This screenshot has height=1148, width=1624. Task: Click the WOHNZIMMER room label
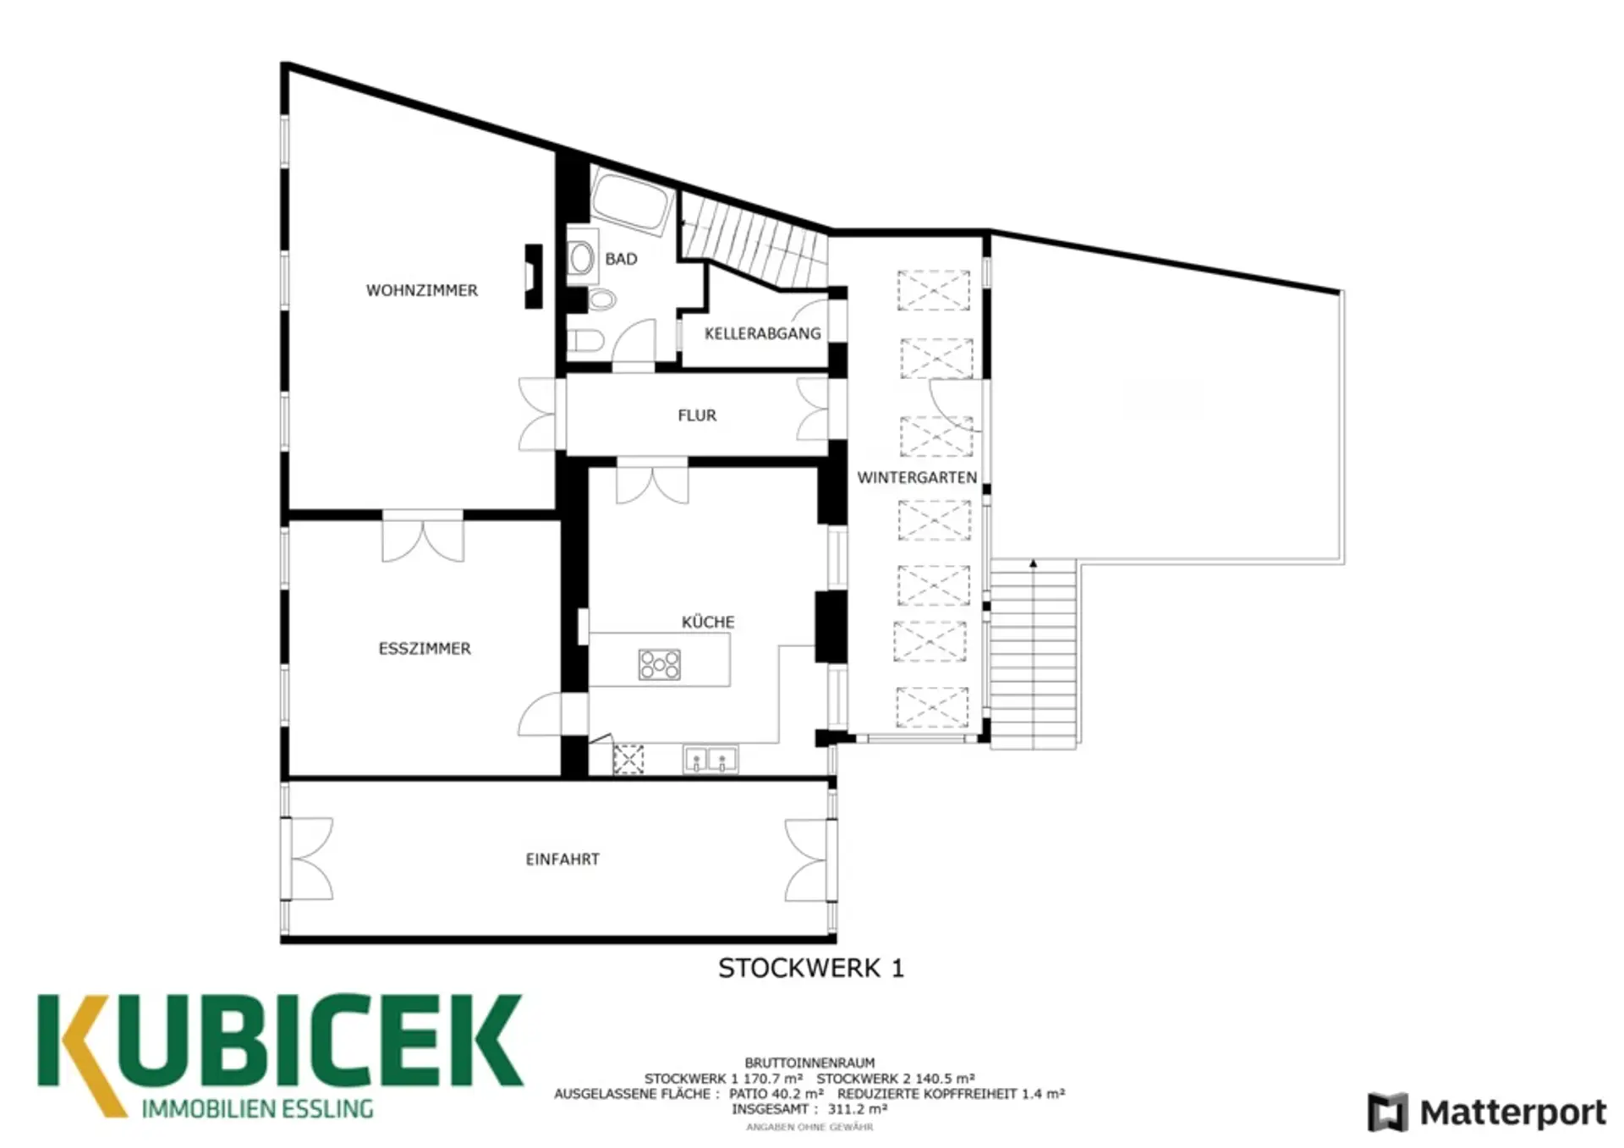pos(421,290)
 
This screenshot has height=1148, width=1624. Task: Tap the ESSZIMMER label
pos(425,649)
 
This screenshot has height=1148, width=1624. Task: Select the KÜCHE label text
pos(708,622)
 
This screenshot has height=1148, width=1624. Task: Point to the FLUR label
pos(697,415)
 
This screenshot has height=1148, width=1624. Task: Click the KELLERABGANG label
pos(763,333)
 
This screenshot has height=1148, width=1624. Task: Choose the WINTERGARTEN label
pos(917,477)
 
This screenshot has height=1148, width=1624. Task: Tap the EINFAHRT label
pos(562,860)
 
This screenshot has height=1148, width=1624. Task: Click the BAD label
pos(621,259)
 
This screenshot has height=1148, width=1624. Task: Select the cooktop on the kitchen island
pos(660,664)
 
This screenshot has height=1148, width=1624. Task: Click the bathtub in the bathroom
pos(631,200)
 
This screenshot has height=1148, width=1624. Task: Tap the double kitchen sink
pos(710,759)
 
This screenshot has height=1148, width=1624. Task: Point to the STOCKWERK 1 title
pos(811,968)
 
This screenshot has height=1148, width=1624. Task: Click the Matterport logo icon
pos(1388,1112)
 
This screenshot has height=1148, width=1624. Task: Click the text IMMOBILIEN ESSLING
pos(257,1108)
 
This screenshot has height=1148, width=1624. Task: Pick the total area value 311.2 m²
pos(858,1109)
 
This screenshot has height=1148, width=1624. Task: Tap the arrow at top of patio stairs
pos(1033,563)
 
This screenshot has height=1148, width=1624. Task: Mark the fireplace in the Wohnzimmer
pos(533,277)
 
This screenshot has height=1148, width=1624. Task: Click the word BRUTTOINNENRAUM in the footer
pos(809,1063)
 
